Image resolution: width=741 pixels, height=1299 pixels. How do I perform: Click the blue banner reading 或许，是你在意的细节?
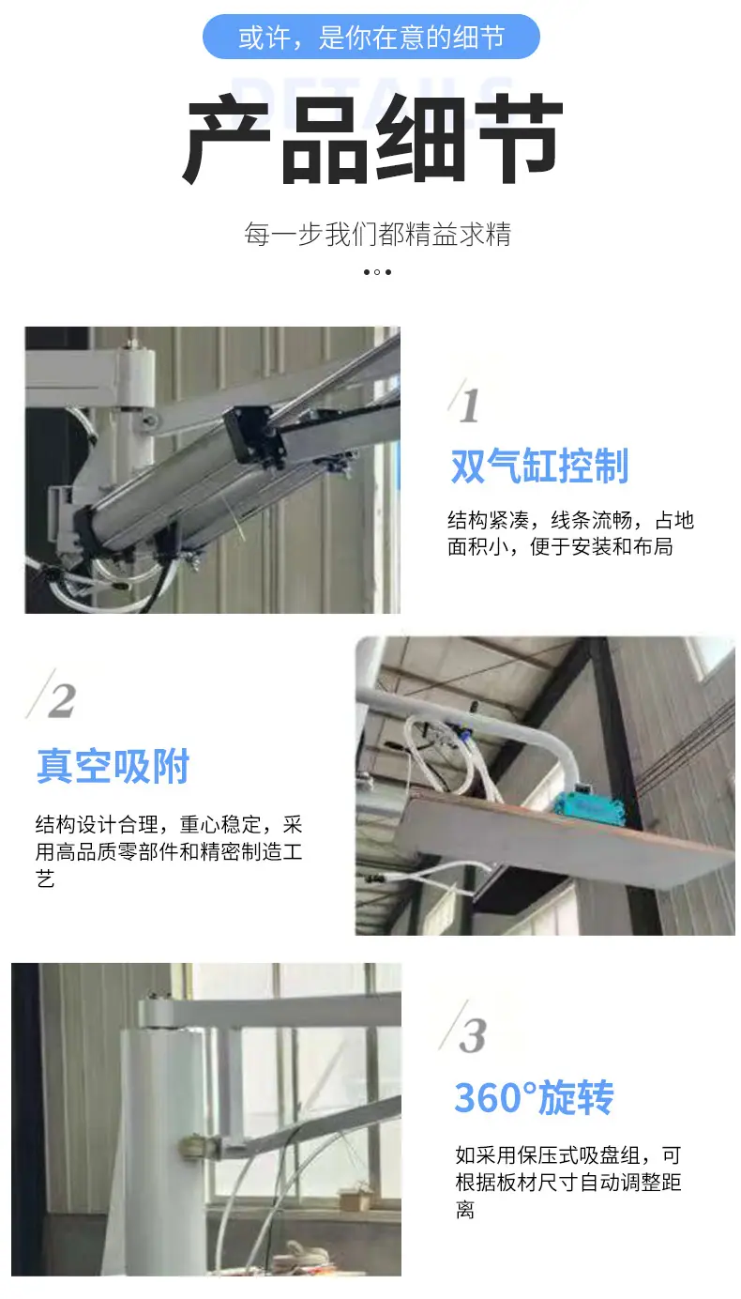(370, 37)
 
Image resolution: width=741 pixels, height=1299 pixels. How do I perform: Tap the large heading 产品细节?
(372, 139)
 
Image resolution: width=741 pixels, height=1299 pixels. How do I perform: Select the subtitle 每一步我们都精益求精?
(377, 235)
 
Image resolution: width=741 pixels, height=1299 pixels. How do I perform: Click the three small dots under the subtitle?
(377, 272)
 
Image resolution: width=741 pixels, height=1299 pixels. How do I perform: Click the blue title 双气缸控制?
(539, 466)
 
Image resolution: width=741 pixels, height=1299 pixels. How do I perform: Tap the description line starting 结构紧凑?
(570, 520)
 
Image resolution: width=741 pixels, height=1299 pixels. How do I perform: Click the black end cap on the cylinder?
(252, 437)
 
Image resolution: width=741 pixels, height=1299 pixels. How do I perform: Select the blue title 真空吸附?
(113, 766)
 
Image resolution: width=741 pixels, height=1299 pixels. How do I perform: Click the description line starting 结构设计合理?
(169, 824)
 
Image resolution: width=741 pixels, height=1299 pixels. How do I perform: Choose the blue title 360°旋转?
(534, 1098)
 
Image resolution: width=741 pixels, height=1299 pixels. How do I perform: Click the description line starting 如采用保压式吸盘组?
(568, 1155)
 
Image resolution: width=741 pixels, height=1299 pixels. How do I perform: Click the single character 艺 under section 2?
(45, 879)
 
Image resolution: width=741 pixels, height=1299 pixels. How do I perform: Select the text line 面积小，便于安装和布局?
(560, 547)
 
